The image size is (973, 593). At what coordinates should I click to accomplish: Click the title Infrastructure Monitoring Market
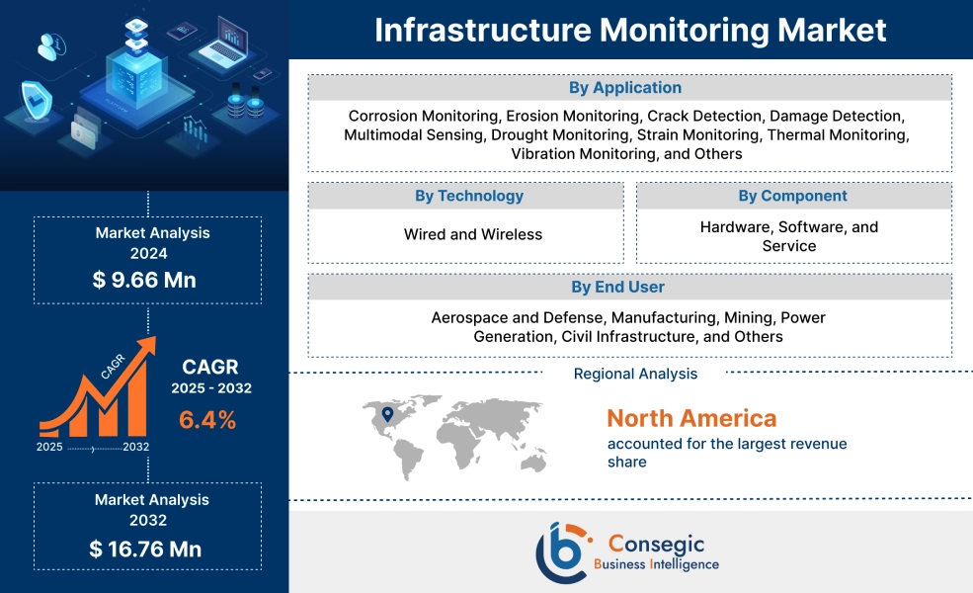pos(630,30)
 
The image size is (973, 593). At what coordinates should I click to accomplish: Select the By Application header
pos(629,88)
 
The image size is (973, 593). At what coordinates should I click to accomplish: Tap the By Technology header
pos(468,196)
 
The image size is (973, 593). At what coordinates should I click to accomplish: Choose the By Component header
pos(792,196)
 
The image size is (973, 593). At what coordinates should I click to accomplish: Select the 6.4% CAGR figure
pos(207,420)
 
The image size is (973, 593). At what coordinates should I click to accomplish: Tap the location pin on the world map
pos(387,414)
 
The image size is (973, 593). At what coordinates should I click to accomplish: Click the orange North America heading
pos(691,417)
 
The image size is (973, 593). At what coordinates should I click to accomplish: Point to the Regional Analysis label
pos(635,374)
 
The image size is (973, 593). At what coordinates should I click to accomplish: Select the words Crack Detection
pos(711,116)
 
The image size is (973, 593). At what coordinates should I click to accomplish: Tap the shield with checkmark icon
pos(37,100)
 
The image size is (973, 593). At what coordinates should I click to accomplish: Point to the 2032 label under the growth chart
pos(136,447)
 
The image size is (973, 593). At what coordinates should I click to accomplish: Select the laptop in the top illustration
pos(223,42)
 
